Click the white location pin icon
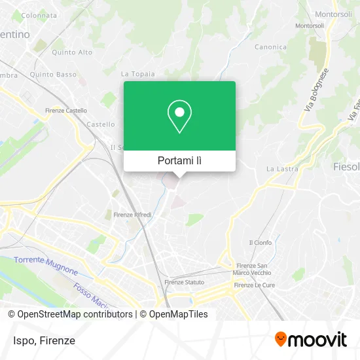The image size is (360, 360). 179,117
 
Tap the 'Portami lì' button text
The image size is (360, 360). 179,160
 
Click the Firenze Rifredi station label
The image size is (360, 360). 133,215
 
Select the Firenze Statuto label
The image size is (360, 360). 183,282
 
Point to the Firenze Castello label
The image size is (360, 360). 65,111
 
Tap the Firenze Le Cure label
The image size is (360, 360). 255,285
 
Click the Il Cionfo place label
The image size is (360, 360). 260,242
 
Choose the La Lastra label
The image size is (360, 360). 282,169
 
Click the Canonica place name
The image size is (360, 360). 271,47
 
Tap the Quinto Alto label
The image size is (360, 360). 72,52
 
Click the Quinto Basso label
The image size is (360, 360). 57,74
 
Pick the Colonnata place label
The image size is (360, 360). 39,14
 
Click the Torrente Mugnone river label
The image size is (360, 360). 45,266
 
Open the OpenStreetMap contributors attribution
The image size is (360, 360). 70,314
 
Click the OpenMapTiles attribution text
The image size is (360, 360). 175,314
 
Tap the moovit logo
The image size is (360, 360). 310,340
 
